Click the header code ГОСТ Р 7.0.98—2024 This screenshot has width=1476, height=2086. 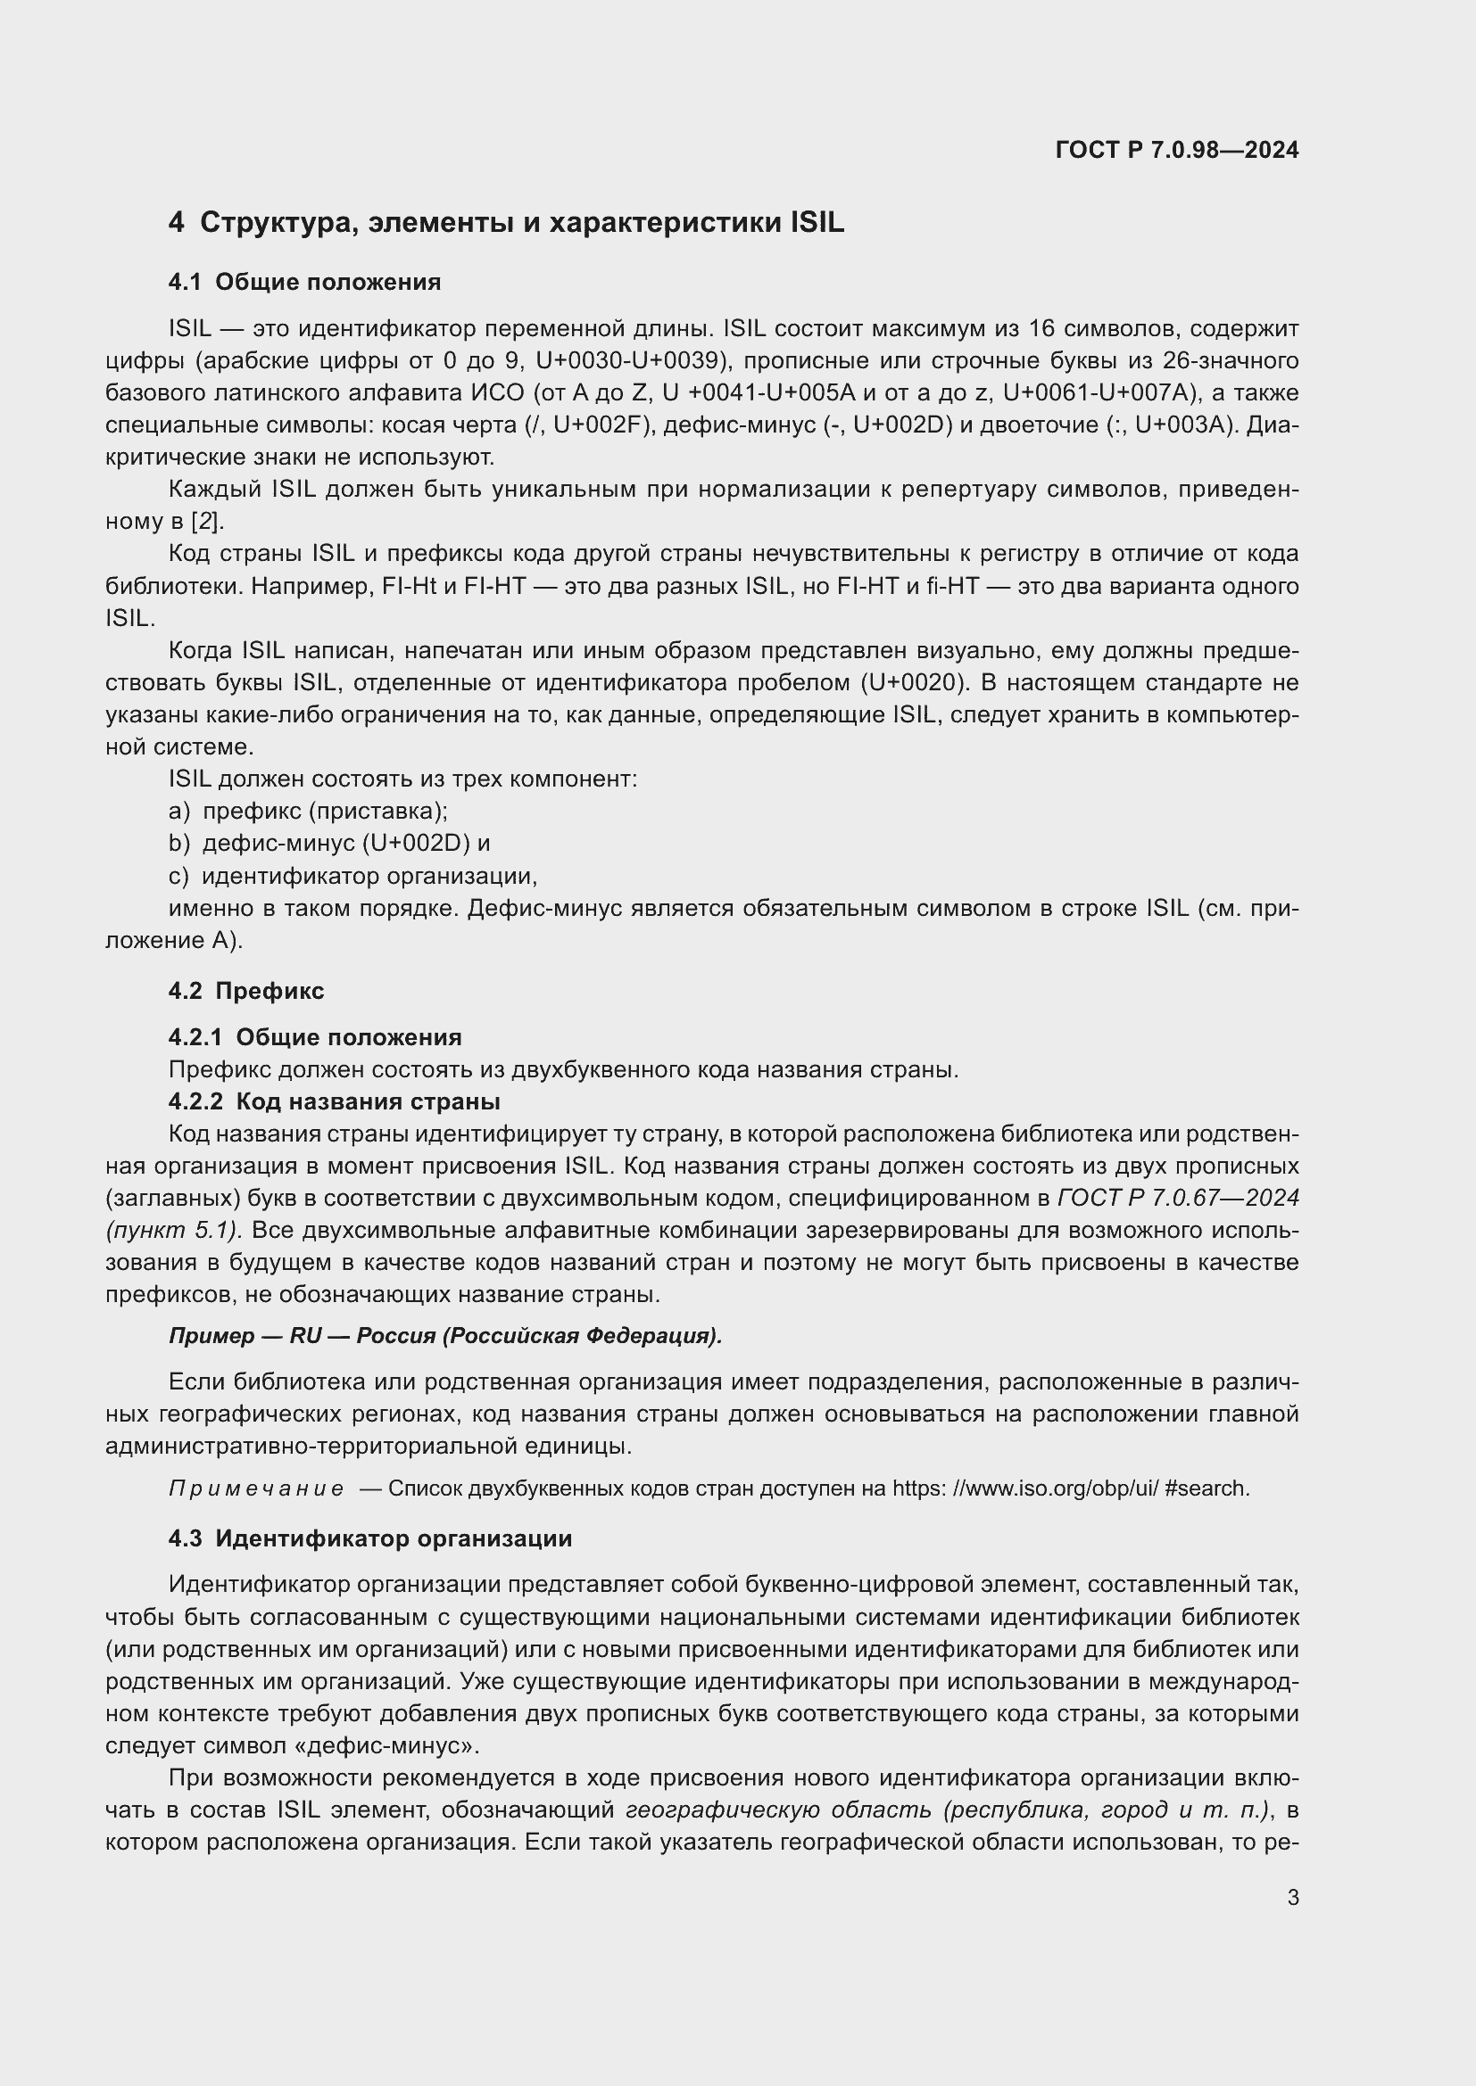tap(1176, 150)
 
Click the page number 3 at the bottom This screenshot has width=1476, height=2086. tap(1292, 1897)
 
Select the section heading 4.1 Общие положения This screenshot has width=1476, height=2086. tap(304, 282)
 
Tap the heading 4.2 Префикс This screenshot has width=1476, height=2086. tap(245, 990)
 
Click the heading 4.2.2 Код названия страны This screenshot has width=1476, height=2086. tap(334, 1102)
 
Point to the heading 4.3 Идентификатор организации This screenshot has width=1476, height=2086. tap(370, 1538)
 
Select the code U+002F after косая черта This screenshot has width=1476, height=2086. tap(600, 425)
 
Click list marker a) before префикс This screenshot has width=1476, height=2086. tap(179, 812)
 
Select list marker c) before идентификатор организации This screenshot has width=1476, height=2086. tap(179, 876)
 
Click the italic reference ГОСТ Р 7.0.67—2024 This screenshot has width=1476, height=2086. tap(1178, 1199)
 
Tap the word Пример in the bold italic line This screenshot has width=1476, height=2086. tap(211, 1336)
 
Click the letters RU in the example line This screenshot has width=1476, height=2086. tap(305, 1336)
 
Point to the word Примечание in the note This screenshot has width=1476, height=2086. tap(256, 1488)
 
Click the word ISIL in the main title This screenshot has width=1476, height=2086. tap(817, 223)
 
